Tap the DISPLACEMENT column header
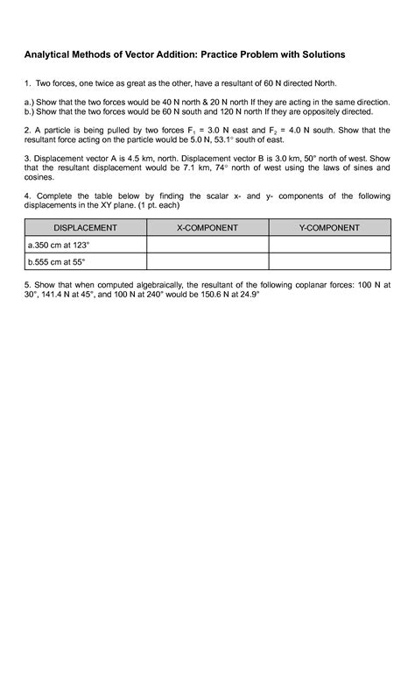(86, 228)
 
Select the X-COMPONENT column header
(207, 228)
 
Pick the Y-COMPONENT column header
(328, 228)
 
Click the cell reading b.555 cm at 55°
(57, 261)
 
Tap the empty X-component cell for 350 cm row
(207, 245)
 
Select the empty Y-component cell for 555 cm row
(328, 261)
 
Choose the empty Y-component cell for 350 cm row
(328, 245)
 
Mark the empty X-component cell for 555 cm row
(207, 261)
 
